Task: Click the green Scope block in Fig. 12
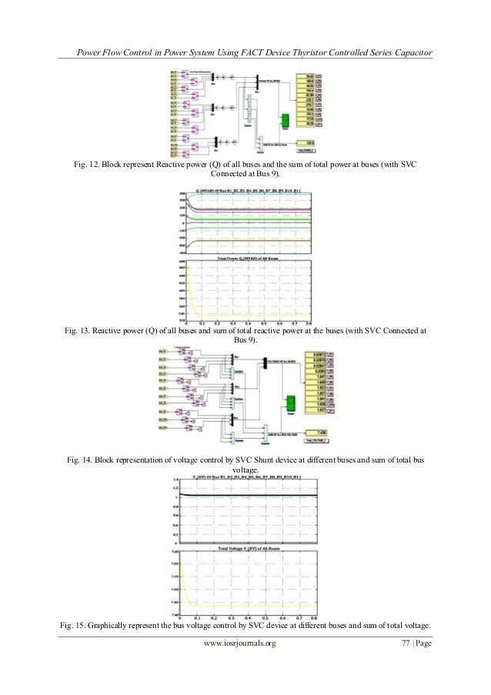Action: pos(284,121)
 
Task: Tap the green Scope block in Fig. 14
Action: pos(291,403)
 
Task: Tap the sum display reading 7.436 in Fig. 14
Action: pos(315,433)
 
